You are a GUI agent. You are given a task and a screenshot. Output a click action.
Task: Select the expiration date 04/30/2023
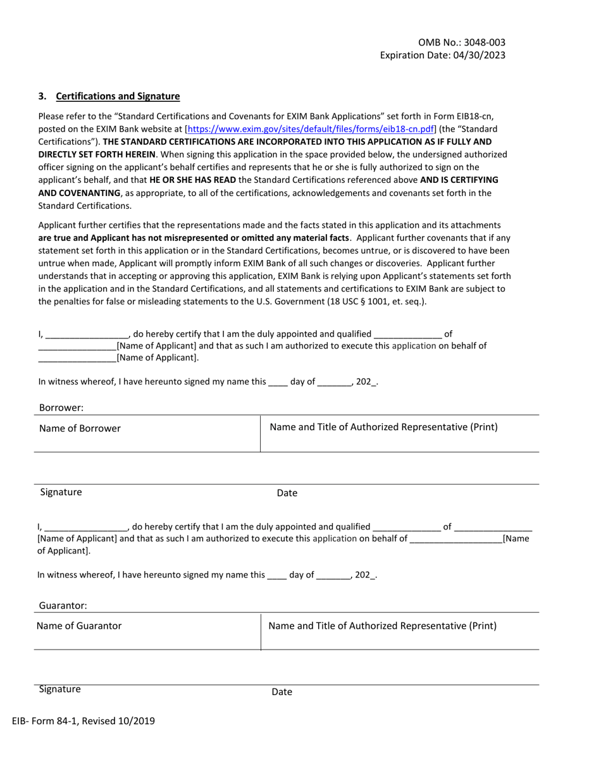479,55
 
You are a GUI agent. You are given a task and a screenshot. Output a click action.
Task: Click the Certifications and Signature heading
118,96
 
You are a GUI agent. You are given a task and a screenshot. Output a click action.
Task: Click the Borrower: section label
61,408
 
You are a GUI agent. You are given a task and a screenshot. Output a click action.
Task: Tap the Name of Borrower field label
80,428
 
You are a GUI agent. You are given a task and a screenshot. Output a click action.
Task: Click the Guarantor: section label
63,605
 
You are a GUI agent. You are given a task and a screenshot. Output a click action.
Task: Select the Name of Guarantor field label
79,626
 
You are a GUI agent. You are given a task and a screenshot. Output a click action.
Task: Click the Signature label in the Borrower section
61,492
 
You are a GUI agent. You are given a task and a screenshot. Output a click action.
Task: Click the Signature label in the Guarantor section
59,689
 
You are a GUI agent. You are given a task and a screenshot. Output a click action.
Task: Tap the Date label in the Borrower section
287,493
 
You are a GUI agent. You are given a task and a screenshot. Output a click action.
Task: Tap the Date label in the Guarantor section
282,692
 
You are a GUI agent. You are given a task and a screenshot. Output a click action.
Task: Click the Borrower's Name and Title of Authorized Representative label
383,427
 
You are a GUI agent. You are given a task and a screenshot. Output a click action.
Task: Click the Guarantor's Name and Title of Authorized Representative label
382,626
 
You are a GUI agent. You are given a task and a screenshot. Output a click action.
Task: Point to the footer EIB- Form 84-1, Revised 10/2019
83,720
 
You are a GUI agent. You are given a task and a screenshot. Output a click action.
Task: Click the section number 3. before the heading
42,96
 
